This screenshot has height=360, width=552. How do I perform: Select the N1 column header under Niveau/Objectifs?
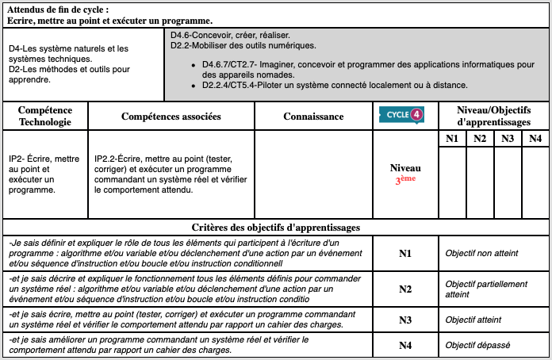452,139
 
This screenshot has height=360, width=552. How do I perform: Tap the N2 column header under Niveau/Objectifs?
480,139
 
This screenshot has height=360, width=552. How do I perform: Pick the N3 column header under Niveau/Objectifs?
508,139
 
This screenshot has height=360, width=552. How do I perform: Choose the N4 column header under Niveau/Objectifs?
535,139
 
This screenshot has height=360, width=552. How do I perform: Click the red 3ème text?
405,180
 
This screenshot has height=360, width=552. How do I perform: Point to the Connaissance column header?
313,117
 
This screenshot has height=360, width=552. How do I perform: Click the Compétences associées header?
171,117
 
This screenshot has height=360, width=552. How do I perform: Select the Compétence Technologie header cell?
45,116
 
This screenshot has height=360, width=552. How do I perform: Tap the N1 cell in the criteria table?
405,253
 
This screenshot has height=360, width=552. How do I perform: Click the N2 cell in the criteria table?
405,289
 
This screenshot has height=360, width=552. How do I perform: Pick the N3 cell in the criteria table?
405,320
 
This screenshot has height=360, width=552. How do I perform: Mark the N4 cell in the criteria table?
405,345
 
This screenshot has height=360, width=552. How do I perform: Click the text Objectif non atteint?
481,253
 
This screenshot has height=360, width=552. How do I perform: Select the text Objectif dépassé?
477,345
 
